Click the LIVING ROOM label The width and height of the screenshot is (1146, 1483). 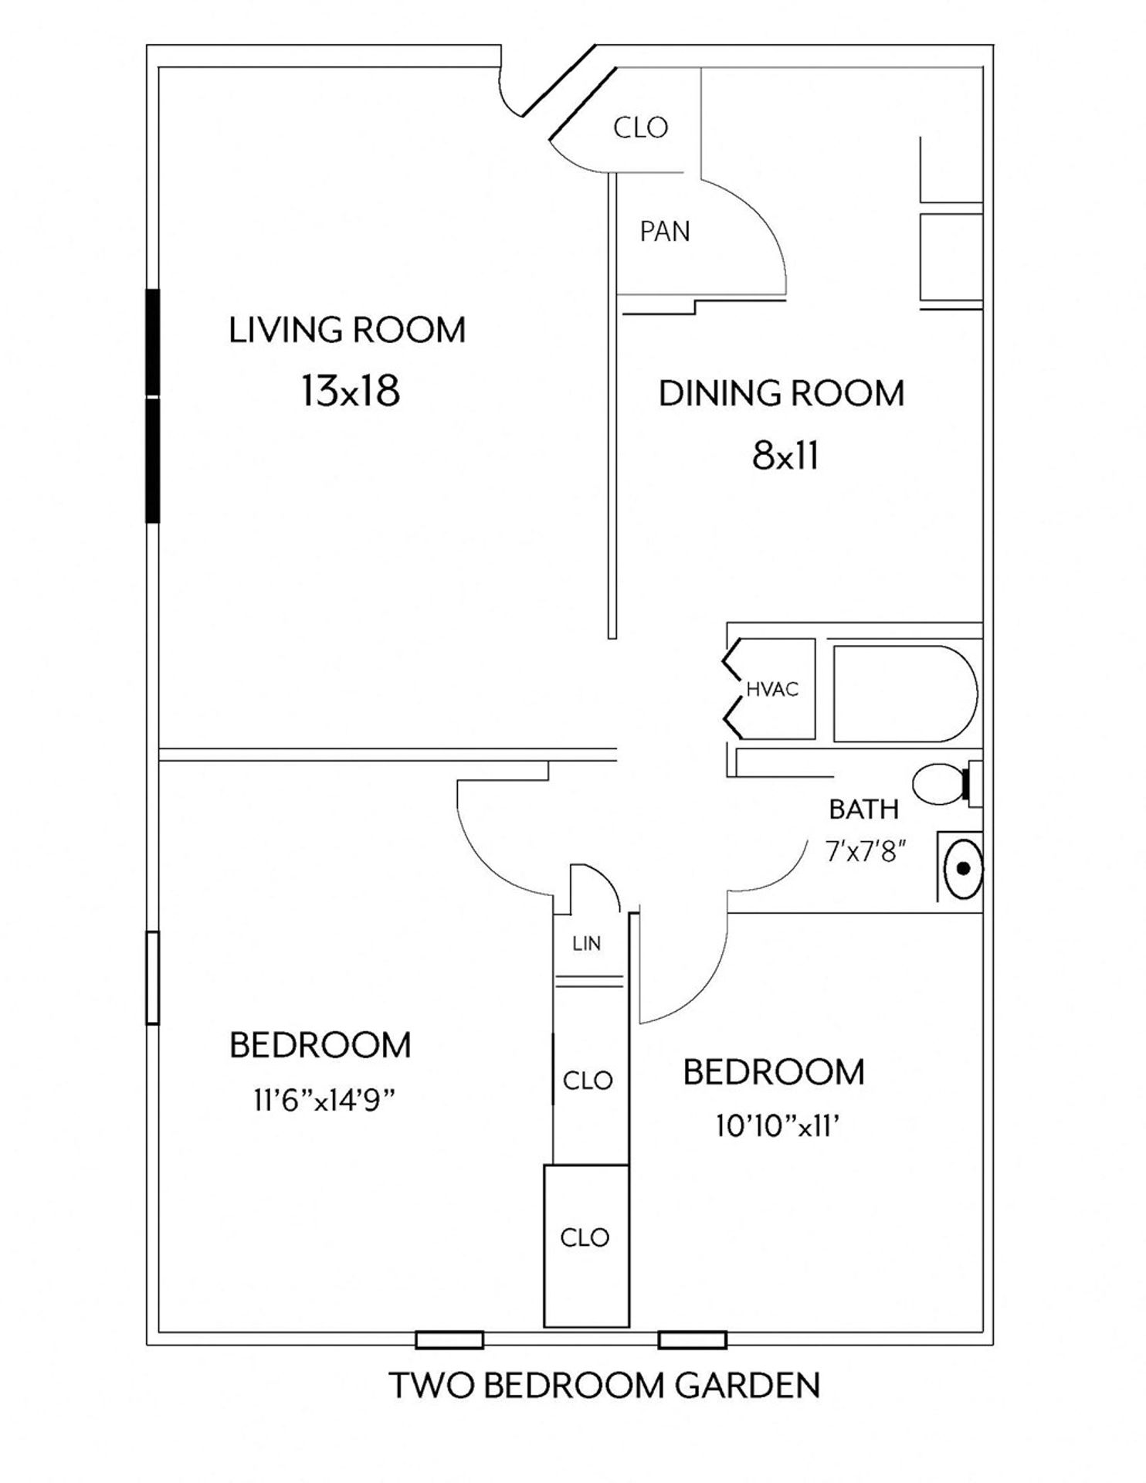coord(347,331)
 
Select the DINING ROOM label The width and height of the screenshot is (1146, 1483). coord(781,394)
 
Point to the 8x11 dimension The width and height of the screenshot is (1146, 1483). coord(785,456)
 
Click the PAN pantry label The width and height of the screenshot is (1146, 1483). coord(664,232)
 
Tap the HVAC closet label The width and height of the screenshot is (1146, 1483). coord(771,690)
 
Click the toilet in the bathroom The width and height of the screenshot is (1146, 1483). coord(941,784)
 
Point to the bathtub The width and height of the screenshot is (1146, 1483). coord(904,693)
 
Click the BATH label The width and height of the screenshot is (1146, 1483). coord(863,809)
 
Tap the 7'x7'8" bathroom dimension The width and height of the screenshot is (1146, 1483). coord(865,852)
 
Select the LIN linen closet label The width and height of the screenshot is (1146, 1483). coord(587,943)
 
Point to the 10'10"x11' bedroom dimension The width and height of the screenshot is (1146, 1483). coord(777,1128)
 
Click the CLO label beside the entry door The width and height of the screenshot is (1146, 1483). coord(640,127)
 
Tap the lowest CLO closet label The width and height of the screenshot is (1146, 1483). coord(585,1237)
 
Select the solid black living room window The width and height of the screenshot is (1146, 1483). coord(152,406)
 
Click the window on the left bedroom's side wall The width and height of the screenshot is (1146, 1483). coord(152,978)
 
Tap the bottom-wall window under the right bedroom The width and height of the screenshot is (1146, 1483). coord(692,1340)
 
